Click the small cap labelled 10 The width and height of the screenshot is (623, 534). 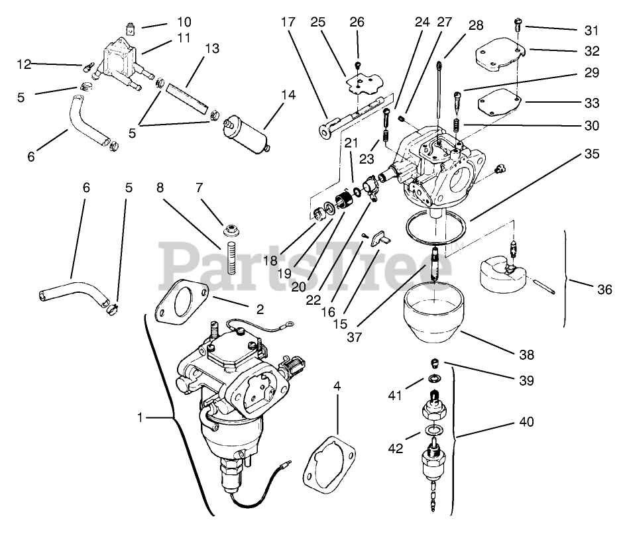click(131, 28)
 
